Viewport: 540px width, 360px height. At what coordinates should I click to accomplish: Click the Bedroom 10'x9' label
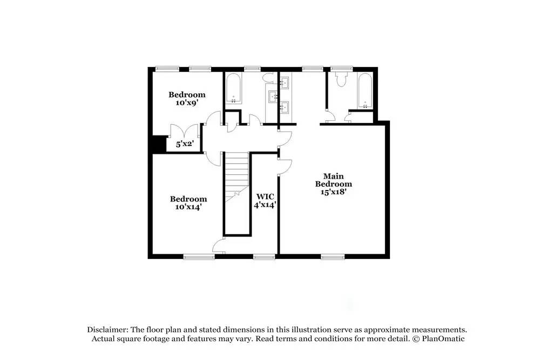click(187, 98)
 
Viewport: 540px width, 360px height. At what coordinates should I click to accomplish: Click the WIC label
click(265, 196)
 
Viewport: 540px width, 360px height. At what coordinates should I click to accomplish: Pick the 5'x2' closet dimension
click(185, 145)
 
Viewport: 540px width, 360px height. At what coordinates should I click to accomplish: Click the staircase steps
click(236, 173)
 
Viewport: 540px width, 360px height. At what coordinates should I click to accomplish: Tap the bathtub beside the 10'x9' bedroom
click(234, 89)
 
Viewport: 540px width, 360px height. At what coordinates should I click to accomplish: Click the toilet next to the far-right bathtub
click(340, 80)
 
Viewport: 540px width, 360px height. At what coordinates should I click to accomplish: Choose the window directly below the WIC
click(264, 256)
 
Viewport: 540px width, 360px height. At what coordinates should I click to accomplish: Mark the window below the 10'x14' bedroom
click(199, 256)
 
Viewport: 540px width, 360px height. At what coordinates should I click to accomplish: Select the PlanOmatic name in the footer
click(444, 339)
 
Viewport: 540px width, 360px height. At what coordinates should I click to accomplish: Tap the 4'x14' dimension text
click(265, 205)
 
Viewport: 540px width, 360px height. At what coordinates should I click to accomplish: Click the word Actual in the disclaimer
click(103, 339)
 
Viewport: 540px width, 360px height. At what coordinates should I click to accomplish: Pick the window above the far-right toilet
click(341, 69)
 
